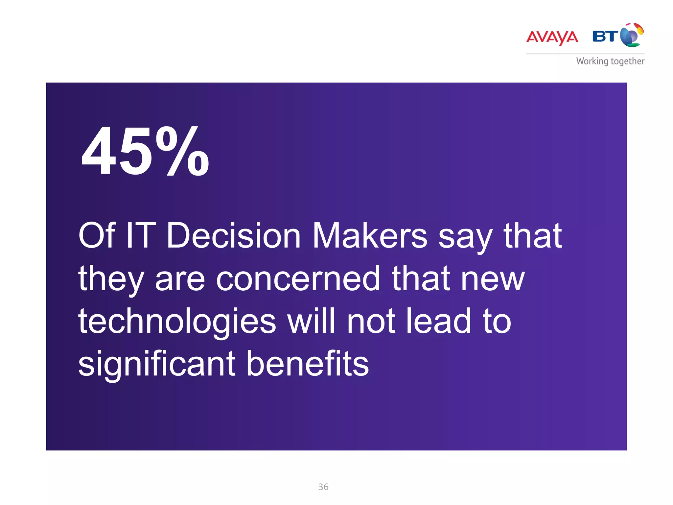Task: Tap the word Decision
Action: point(234,236)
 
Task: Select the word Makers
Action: point(370,236)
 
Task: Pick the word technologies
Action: point(177,322)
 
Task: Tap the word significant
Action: point(157,364)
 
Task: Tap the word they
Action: point(111,280)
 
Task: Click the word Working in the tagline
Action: point(592,61)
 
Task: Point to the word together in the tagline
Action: point(627,61)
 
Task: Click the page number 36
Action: point(323,487)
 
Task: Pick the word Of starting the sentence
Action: point(97,236)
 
